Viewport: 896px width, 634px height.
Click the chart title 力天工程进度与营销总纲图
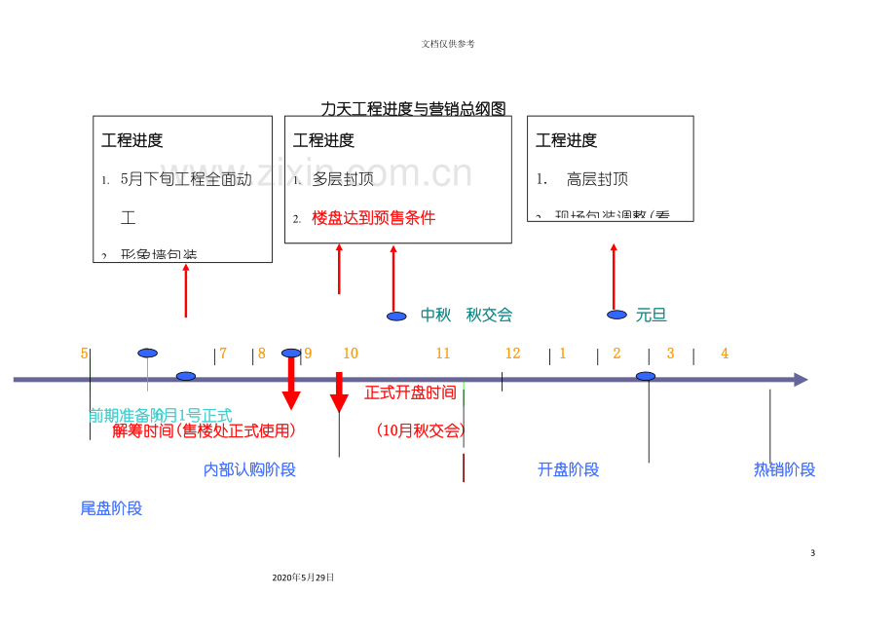pyautogui.click(x=413, y=109)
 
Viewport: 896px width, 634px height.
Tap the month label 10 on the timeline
pyautogui.click(x=351, y=354)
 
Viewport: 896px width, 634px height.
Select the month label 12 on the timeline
pyautogui.click(x=512, y=354)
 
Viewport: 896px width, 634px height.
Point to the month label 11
pyautogui.click(x=443, y=354)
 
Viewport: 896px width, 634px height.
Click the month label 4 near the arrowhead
pyautogui.click(x=725, y=354)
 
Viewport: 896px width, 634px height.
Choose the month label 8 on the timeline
pyautogui.click(x=261, y=354)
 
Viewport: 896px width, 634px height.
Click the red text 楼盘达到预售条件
pyautogui.click(x=373, y=218)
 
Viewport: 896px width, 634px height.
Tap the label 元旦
pyautogui.click(x=651, y=315)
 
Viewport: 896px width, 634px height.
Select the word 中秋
pyautogui.click(x=435, y=315)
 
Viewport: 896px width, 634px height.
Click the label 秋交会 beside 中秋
pyautogui.click(x=489, y=315)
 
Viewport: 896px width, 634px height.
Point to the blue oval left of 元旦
pyautogui.click(x=616, y=315)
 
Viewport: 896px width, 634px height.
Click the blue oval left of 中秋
pyautogui.click(x=396, y=317)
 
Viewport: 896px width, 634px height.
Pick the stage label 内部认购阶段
pyautogui.click(x=249, y=469)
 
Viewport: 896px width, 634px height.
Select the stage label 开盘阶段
pyautogui.click(x=568, y=469)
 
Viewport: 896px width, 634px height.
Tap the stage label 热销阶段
pyautogui.click(x=784, y=469)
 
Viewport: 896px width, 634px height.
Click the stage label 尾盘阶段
pyautogui.click(x=111, y=508)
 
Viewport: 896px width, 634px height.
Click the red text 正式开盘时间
pyautogui.click(x=410, y=392)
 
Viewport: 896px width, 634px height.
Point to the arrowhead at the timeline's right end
pyautogui.click(x=801, y=380)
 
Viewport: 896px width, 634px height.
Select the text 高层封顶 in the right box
pyautogui.click(x=597, y=179)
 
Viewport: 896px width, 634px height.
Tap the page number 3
pyautogui.click(x=812, y=553)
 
